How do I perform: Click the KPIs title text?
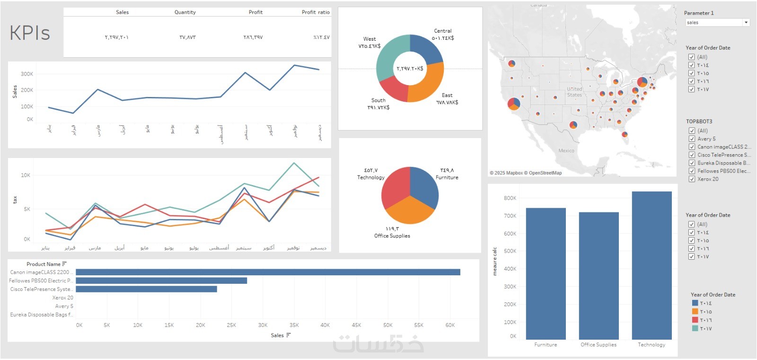click(30, 33)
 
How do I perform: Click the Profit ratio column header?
click(316, 12)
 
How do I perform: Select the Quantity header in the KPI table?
click(185, 12)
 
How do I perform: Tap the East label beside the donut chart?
click(447, 96)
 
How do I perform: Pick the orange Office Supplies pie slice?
click(410, 211)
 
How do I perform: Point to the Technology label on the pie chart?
click(371, 177)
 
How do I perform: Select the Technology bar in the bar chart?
click(651, 265)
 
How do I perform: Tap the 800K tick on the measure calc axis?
click(510, 198)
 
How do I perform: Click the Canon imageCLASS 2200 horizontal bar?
click(268, 272)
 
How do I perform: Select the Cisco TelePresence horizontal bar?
click(146, 289)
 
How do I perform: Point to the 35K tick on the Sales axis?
click(294, 325)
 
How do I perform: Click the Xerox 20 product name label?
click(62, 298)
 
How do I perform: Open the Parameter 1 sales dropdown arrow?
click(746, 23)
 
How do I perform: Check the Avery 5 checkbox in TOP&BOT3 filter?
click(692, 139)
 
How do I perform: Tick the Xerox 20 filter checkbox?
click(692, 179)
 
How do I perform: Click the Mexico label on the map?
click(566, 151)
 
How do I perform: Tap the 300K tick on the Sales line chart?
click(27, 74)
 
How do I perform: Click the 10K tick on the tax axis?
click(26, 176)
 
